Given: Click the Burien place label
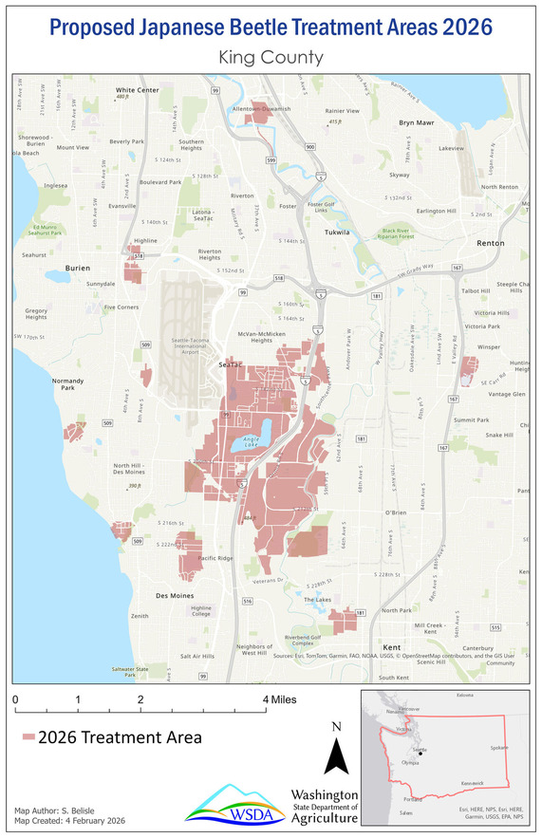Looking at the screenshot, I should click(77, 269).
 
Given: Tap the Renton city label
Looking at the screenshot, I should click(490, 243).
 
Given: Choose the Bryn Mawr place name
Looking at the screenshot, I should click(416, 122).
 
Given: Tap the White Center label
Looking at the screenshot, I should click(137, 90).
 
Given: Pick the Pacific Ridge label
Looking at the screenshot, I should click(215, 558).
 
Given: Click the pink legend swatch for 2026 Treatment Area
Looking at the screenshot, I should click(28, 736).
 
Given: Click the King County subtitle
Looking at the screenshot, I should click(271, 58).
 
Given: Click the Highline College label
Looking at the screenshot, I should click(201, 612).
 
